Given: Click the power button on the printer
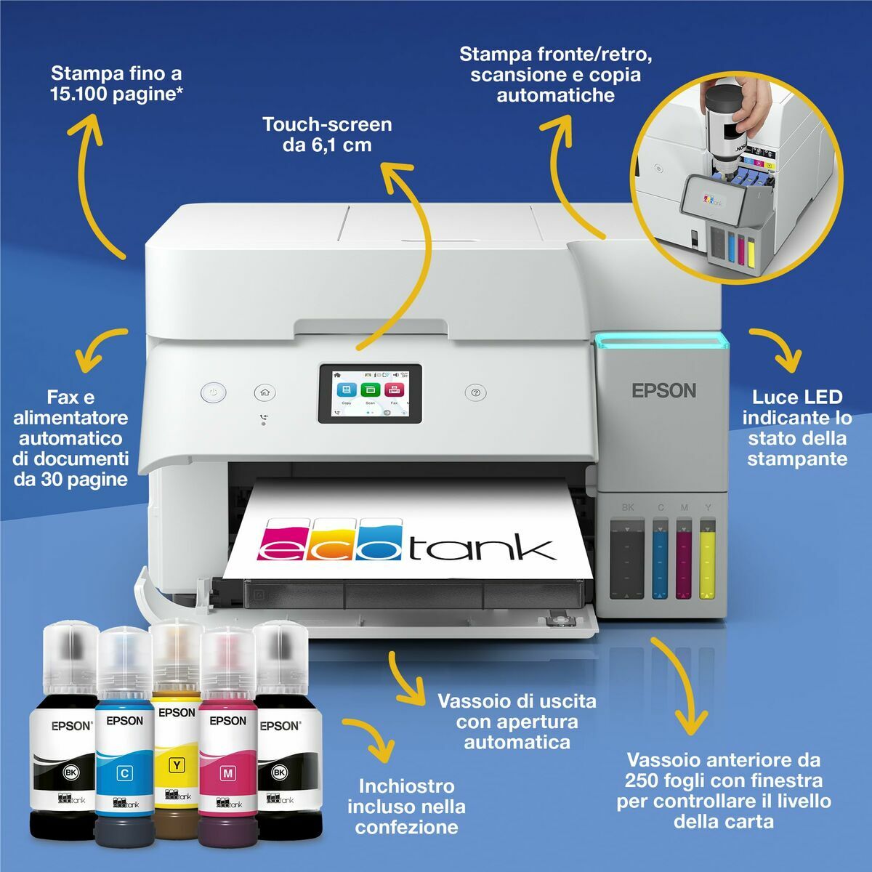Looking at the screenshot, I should click(x=213, y=392).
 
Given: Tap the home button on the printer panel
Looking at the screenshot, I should click(x=265, y=392).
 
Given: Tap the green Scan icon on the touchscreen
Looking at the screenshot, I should click(x=371, y=391).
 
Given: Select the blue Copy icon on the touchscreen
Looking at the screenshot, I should click(x=347, y=391).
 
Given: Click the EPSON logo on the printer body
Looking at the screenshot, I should click(x=663, y=390).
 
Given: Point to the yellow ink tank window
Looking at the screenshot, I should click(x=707, y=557).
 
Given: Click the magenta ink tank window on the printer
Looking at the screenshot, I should click(x=684, y=557).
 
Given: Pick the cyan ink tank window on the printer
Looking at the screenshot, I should click(x=660, y=557).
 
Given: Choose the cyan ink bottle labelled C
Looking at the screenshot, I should click(x=124, y=763).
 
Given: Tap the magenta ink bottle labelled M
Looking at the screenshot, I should click(x=227, y=763).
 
